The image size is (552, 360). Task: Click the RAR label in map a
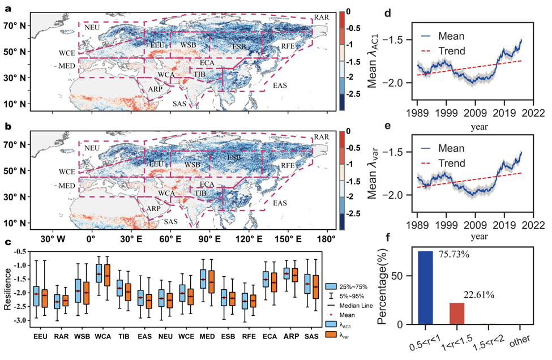point(322,18)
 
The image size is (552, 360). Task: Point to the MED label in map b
point(67,186)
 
